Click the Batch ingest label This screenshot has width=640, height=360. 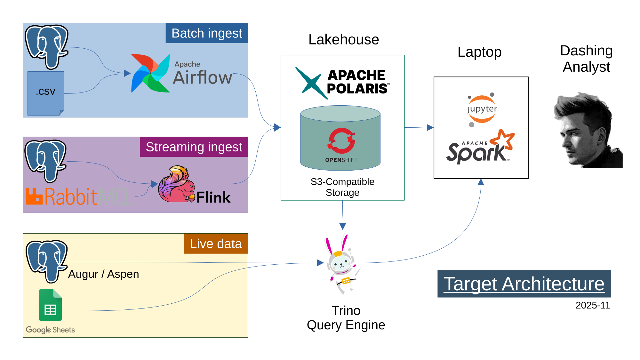click(x=207, y=33)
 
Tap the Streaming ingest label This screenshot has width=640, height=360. click(x=194, y=147)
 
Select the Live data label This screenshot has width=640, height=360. click(x=216, y=244)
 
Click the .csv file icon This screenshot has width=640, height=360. click(x=46, y=93)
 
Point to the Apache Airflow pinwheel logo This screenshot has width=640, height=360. click(x=150, y=74)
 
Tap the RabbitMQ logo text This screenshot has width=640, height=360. click(x=77, y=196)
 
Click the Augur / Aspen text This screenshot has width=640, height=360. click(x=103, y=274)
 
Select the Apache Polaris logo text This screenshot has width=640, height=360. click(x=357, y=82)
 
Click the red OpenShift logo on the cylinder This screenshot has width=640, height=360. click(x=341, y=140)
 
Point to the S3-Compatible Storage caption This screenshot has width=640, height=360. click(x=342, y=187)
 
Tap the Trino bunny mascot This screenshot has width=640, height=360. click(x=342, y=264)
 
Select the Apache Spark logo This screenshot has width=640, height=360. click(x=480, y=148)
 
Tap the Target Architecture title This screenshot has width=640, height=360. click(x=524, y=284)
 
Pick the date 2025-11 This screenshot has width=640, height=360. click(x=593, y=305)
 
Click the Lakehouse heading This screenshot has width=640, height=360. click(x=344, y=40)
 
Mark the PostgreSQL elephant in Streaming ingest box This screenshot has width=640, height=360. click(x=45, y=160)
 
